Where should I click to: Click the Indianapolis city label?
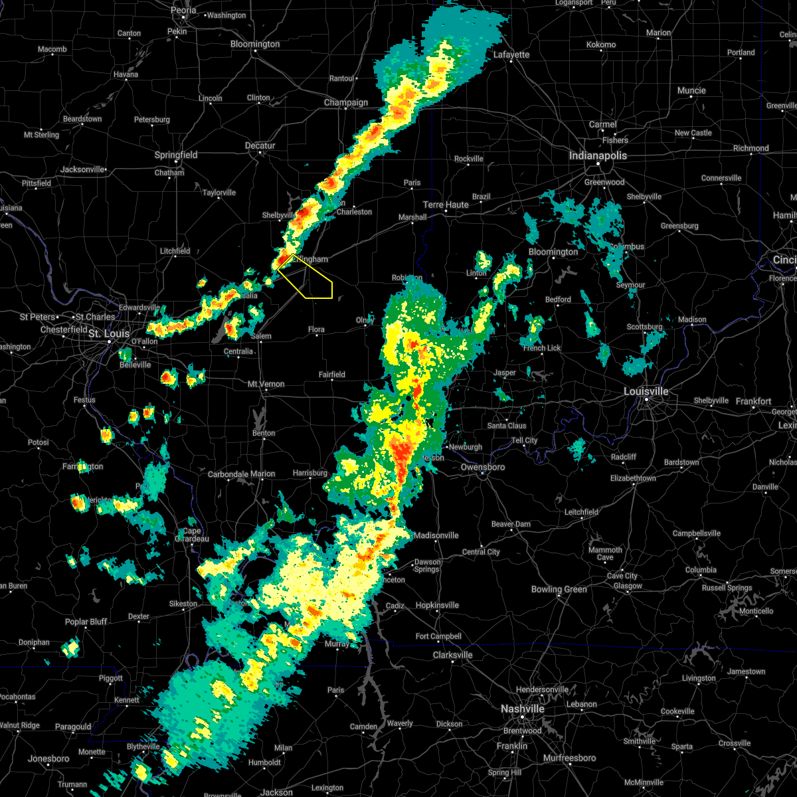coord(597,155)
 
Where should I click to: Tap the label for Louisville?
coord(646,391)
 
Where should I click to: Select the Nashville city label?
coord(522,709)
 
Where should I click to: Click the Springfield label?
coord(176,155)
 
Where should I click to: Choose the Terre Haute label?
coord(446,205)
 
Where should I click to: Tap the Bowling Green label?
coord(559,589)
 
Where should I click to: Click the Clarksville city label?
coord(452,655)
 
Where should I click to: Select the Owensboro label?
coord(483,467)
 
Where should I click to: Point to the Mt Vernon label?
coord(266,384)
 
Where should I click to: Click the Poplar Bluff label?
coord(86,622)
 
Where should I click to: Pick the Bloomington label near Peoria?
coord(255,44)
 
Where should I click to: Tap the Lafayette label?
coord(511,54)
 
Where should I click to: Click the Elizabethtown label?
coord(633,478)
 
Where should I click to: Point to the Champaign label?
coord(345,102)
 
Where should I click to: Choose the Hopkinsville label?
coord(437,605)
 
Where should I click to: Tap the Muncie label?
coord(691,90)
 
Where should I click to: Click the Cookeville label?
coord(678,711)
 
